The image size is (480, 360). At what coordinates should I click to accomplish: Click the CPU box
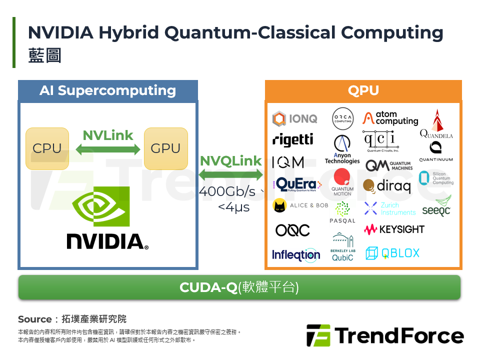click(x=47, y=148)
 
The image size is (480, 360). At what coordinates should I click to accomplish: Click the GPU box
click(x=165, y=148)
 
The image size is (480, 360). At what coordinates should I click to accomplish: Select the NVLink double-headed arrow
click(x=108, y=149)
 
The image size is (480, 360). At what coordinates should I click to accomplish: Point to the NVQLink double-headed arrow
click(x=231, y=175)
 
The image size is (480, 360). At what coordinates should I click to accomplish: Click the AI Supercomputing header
click(x=107, y=90)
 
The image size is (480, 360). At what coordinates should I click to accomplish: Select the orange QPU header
click(x=363, y=90)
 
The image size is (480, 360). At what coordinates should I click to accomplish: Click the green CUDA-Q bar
click(x=239, y=287)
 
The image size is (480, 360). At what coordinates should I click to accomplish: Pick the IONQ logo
click(x=295, y=119)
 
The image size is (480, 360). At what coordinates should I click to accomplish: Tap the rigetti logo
click(x=293, y=140)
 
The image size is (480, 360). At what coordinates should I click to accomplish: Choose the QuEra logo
click(x=295, y=184)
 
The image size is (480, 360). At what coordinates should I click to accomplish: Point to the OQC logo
click(x=293, y=230)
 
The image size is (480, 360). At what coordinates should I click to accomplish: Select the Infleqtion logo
click(x=296, y=254)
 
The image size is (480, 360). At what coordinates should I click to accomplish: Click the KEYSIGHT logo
click(x=394, y=229)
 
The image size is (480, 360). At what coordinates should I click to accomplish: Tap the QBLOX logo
click(x=392, y=253)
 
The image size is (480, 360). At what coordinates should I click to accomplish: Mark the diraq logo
click(x=387, y=186)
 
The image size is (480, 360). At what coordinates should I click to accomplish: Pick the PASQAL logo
click(x=342, y=212)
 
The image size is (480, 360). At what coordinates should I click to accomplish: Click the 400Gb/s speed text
click(x=228, y=191)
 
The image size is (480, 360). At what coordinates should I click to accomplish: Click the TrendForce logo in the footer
click(x=385, y=335)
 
